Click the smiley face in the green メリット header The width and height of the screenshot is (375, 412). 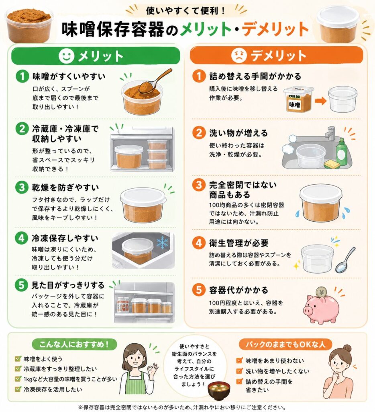pos(66,56)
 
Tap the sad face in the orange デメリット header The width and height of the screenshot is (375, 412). pos(238,55)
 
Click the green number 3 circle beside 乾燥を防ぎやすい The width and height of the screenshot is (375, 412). pos(22,187)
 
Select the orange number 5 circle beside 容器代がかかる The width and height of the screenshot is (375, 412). pos(199,290)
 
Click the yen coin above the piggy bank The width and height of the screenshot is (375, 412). pos(321,292)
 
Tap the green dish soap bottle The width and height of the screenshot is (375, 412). pos(341,152)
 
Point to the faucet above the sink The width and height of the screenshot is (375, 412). pos(330,133)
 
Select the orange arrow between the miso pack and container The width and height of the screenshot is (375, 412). pos(320,101)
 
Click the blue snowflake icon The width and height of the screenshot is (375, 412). pos(163,243)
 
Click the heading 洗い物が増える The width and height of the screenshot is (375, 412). pos(238,133)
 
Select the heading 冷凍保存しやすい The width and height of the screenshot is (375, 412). pos(65,238)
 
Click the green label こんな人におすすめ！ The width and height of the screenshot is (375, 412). pos(74,344)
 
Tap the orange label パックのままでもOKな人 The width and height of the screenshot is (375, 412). pos(285,344)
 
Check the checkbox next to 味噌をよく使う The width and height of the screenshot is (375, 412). pos(18,358)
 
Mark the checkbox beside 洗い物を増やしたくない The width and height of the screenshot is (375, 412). pos(239,371)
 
